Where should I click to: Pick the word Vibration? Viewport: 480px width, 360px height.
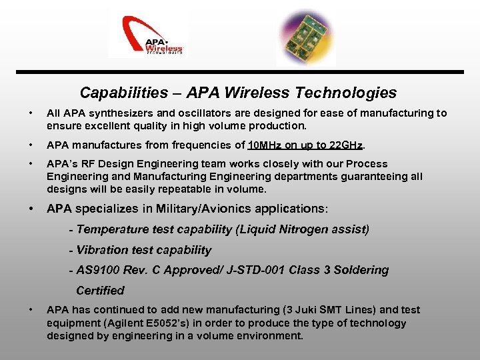102,250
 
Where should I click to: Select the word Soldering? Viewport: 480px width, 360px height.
361,270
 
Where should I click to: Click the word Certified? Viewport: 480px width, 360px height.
100,291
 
